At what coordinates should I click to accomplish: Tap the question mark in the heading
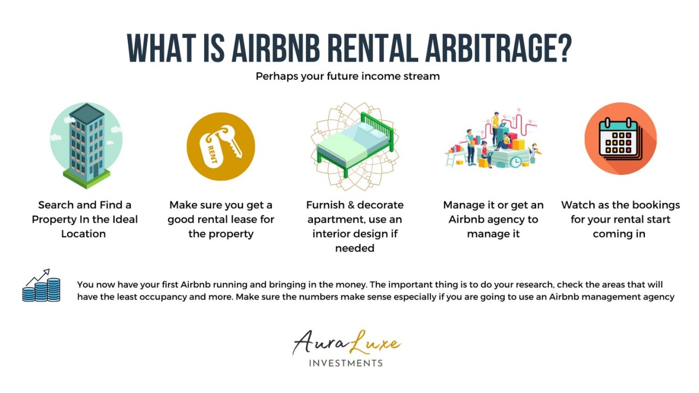pos(562,48)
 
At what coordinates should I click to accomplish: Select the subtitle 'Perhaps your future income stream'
pos(348,76)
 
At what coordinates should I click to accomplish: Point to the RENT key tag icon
pos(221,146)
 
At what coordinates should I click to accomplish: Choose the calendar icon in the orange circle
pos(620,138)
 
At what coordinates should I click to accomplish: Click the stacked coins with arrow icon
pos(42,286)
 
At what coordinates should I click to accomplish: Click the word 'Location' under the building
pos(84,234)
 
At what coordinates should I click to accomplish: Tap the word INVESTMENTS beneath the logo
pos(346,363)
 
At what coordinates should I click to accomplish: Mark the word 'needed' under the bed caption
pos(354,248)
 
